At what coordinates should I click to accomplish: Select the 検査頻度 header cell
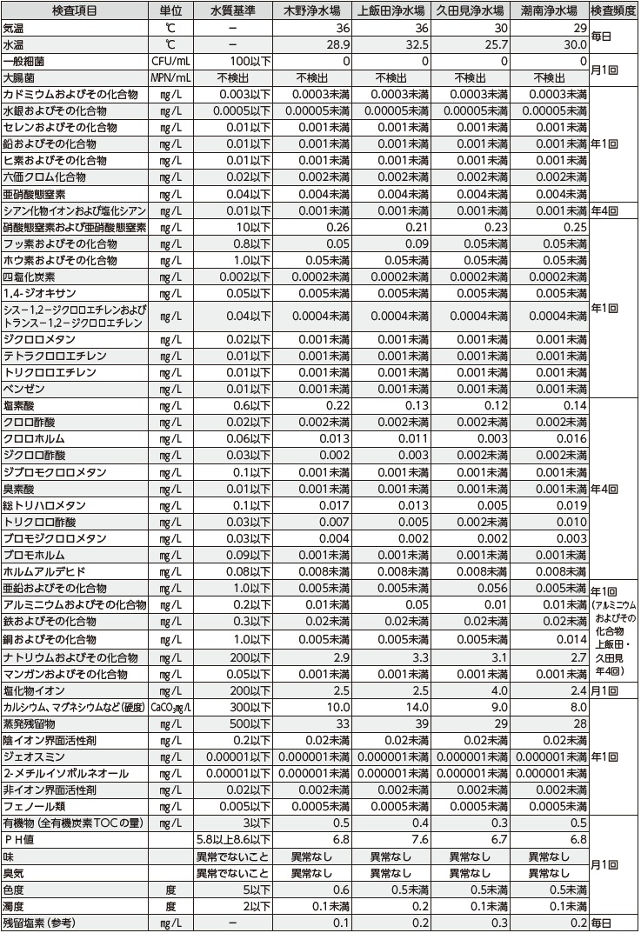[x=613, y=10]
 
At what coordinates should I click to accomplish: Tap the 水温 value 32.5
[x=412, y=43]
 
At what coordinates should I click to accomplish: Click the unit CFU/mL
[x=170, y=61]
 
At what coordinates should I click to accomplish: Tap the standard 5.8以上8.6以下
[x=234, y=839]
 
